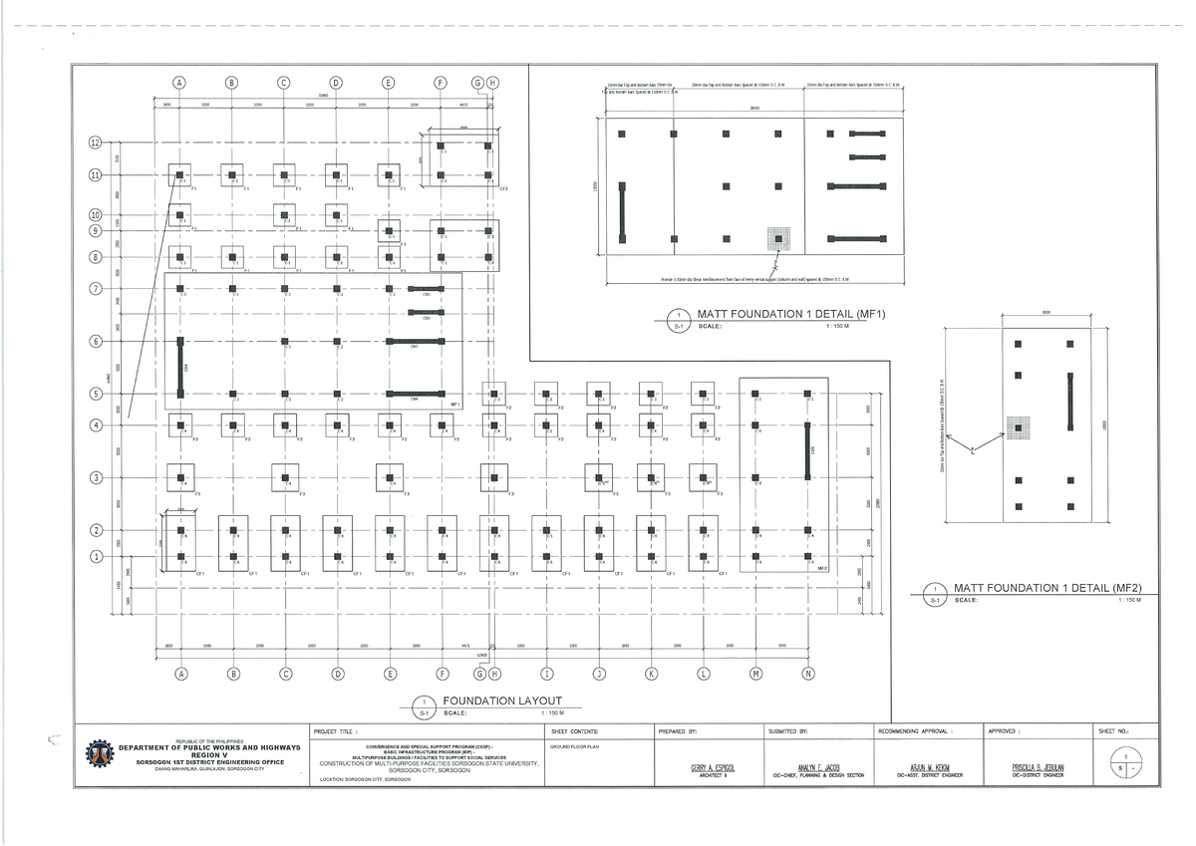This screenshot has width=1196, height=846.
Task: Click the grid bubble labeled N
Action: pyautogui.click(x=807, y=675)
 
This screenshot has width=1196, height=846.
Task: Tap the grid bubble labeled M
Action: pyautogui.click(x=755, y=675)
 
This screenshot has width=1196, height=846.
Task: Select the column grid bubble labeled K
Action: pyautogui.click(x=651, y=675)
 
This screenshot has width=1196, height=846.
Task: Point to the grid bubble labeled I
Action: pyautogui.click(x=546, y=675)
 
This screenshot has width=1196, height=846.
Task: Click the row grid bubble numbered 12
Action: pyautogui.click(x=96, y=142)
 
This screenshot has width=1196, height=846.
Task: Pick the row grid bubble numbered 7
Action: pyautogui.click(x=96, y=289)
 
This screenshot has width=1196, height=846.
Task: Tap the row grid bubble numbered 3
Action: pyautogui.click(x=96, y=477)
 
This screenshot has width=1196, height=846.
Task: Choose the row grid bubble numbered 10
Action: pyautogui.click(x=96, y=215)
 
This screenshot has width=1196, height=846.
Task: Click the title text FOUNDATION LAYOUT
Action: pyautogui.click(x=502, y=701)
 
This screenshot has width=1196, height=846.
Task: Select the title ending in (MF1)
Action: pyautogui.click(x=780, y=315)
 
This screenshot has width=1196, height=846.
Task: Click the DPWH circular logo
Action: pyautogui.click(x=100, y=755)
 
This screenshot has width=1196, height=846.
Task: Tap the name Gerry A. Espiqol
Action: pyautogui.click(x=712, y=767)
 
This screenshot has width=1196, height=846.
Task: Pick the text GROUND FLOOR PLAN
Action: pyautogui.click(x=574, y=746)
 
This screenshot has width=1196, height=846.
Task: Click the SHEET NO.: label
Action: pyautogui.click(x=1112, y=731)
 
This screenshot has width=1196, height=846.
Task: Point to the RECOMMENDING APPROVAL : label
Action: pyautogui.click(x=917, y=731)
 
